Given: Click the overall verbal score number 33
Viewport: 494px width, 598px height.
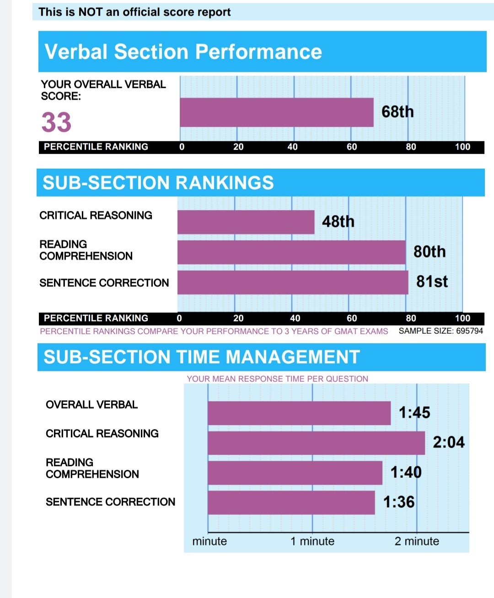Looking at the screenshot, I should (56, 123).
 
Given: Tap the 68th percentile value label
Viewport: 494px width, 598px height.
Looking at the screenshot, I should (397, 112).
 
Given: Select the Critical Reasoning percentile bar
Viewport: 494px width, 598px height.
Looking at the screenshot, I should (246, 222).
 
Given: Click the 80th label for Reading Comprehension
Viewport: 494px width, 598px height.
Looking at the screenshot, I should (430, 252).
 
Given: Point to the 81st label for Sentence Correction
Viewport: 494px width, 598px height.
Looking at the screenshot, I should (432, 282).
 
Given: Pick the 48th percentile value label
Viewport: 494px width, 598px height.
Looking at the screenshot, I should (338, 222).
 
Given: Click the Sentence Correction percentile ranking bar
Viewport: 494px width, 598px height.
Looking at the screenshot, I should (293, 283).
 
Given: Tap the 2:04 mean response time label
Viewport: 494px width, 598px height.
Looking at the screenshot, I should (448, 443).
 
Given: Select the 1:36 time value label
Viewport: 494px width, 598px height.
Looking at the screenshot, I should (399, 502).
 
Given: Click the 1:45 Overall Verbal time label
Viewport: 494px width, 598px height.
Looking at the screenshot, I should (414, 413).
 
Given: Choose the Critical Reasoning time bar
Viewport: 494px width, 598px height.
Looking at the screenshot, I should (316, 443).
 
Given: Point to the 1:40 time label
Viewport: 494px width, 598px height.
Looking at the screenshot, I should (406, 472).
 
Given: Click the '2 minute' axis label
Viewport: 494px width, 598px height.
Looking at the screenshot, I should (417, 541).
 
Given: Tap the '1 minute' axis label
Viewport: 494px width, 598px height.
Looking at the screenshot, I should (312, 541).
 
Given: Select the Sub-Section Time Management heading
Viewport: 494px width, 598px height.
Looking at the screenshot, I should (202, 357).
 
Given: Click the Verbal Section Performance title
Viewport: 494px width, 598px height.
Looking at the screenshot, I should (183, 52).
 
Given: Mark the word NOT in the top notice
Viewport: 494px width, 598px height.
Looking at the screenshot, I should (90, 12).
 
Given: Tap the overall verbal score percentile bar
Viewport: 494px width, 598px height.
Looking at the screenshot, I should (276, 112).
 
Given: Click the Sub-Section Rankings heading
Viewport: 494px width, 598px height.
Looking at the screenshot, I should (158, 183).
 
